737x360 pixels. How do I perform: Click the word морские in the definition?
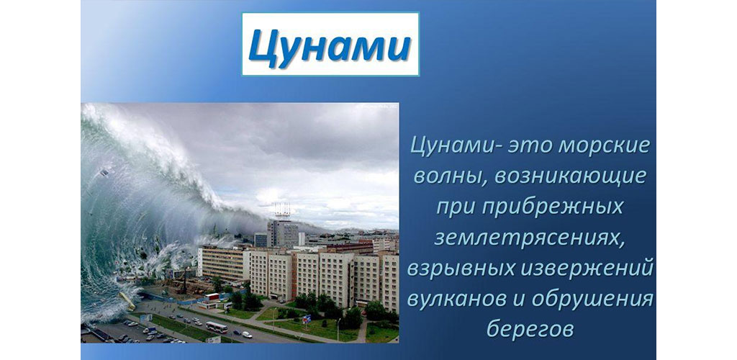(x=605, y=146)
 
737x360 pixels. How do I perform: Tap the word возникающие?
(x=570, y=177)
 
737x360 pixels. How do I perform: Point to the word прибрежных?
(x=550, y=207)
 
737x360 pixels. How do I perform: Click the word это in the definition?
(x=526, y=146)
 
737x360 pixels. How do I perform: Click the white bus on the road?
(x=216, y=327)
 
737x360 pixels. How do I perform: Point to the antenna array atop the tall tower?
(x=282, y=211)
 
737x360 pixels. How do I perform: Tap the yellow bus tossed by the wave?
(x=127, y=301)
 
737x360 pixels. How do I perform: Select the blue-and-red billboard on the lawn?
(x=307, y=320)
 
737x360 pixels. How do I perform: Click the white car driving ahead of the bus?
(x=247, y=335)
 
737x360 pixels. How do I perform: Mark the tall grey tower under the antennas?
(x=282, y=233)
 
